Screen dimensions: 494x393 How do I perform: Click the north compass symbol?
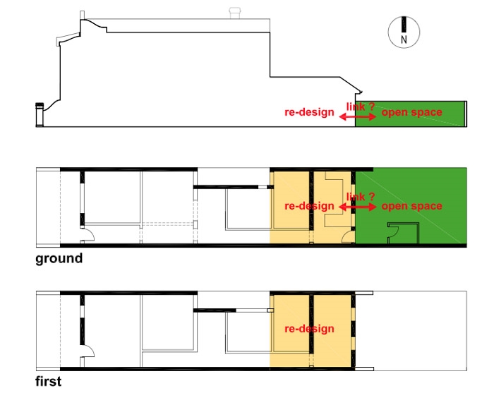click(x=404, y=32)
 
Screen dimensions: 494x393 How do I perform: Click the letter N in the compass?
click(x=404, y=40)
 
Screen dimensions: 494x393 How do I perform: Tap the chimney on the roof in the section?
click(x=235, y=13)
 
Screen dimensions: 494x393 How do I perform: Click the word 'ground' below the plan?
click(x=59, y=258)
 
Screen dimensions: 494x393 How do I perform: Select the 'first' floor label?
click(x=48, y=381)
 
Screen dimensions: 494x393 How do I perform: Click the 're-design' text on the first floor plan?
click(x=309, y=329)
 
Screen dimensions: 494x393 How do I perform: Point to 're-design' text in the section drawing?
click(x=309, y=112)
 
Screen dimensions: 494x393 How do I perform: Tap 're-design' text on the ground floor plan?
click(x=309, y=206)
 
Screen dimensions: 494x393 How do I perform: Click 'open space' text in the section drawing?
click(x=411, y=112)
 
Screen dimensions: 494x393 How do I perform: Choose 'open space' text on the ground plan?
click(x=411, y=206)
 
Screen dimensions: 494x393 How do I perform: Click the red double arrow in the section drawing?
click(x=358, y=117)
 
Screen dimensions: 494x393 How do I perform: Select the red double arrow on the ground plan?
click(x=358, y=207)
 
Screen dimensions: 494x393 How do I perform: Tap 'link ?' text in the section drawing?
click(x=361, y=107)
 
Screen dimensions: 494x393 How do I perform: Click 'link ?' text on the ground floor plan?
click(x=361, y=197)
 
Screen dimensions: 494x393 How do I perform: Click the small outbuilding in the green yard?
click(x=403, y=233)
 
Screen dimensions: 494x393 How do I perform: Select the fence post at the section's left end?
click(x=40, y=114)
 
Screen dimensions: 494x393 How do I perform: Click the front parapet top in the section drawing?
click(x=83, y=15)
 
